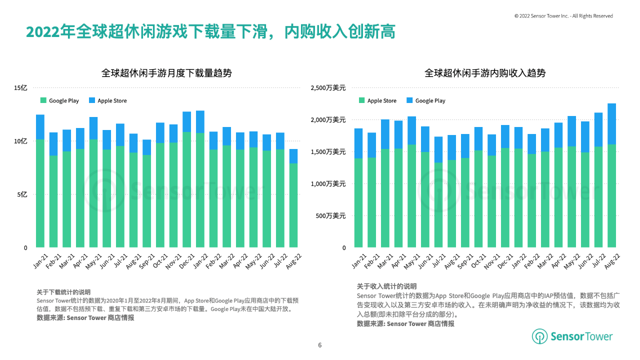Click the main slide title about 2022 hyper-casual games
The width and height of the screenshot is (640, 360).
(x=210, y=32)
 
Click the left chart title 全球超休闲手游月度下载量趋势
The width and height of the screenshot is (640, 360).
(x=166, y=73)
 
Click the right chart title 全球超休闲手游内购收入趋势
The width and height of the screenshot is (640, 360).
(x=484, y=73)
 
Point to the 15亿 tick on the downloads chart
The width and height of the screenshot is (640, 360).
(x=20, y=88)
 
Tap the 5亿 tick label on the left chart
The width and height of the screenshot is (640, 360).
(x=22, y=194)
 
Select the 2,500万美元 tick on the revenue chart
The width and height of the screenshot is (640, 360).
(x=328, y=88)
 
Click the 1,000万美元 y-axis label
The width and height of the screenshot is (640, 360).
(x=328, y=184)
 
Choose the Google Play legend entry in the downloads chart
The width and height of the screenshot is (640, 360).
(x=59, y=100)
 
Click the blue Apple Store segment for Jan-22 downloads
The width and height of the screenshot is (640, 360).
(x=200, y=121)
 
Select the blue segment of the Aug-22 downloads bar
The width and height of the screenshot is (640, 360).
(x=293, y=156)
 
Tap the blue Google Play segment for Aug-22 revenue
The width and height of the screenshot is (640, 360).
(x=611, y=124)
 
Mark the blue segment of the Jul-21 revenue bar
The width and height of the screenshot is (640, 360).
(x=438, y=149)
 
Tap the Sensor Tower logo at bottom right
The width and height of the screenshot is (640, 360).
(x=572, y=336)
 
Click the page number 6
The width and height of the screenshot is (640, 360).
(x=320, y=345)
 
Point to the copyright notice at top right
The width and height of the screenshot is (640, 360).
(x=563, y=16)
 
